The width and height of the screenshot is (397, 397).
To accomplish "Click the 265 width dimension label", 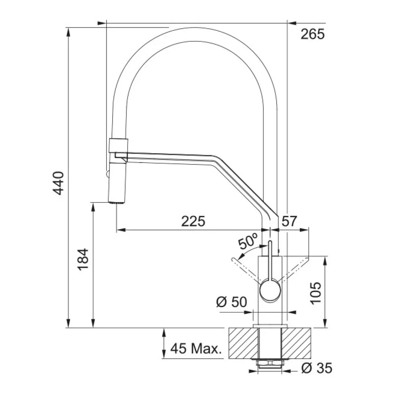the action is tap(312, 34).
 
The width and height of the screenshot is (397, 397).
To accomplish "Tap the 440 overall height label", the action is tap(58, 183).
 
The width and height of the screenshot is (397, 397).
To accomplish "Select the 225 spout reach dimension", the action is tap(193, 221).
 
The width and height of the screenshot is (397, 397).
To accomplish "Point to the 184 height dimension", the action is tap(83, 260).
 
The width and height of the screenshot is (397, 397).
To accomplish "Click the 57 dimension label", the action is tap(289, 221).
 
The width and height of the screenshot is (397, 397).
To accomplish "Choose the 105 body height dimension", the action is tap(316, 293).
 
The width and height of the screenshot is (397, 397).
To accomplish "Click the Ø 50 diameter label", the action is tap(232, 301).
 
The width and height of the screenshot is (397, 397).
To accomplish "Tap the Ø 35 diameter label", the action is tap(317, 368).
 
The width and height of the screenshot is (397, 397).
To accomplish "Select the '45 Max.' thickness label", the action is tap(196, 348).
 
